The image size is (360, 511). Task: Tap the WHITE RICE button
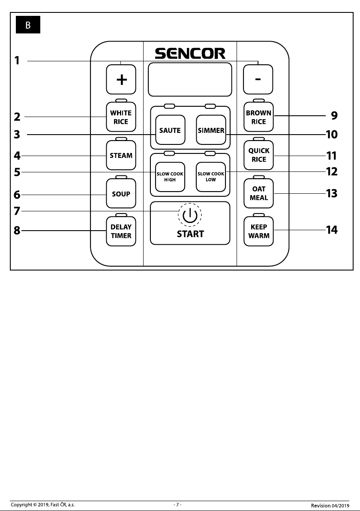coord(121,117)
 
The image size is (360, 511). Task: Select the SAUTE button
coord(170,130)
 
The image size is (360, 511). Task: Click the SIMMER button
coord(211,130)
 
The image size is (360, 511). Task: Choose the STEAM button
coord(121,155)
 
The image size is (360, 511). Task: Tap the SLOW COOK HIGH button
coord(170,177)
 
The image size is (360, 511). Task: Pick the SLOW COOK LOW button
coord(211,177)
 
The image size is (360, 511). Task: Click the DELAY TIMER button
coord(121,231)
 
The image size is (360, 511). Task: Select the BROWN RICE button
coord(259,117)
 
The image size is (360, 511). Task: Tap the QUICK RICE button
coord(259,155)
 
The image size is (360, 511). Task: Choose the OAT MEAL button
coord(259,193)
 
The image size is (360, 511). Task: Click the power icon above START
coord(190,215)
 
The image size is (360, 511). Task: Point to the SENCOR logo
coord(190,54)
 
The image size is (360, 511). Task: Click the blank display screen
coord(190,79)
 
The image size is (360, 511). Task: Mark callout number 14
coord(332,230)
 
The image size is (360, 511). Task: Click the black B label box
coord(28,25)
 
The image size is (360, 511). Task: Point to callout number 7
coord(17,211)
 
